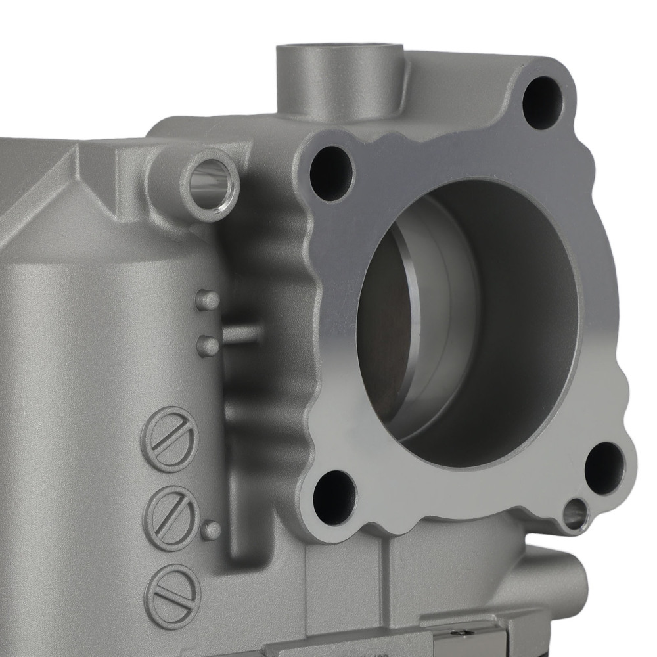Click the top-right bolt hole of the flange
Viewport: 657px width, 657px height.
(x=542, y=102)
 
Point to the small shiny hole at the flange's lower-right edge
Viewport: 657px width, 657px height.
(x=575, y=513)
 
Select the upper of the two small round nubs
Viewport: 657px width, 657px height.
(x=208, y=300)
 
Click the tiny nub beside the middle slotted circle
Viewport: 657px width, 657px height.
(x=211, y=530)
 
